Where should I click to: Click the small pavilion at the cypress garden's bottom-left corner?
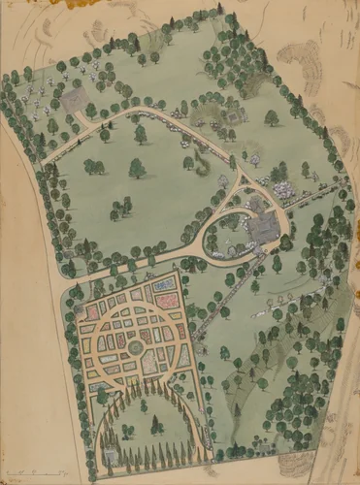tap(110, 456)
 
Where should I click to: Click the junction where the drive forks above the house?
tap(243, 175)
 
